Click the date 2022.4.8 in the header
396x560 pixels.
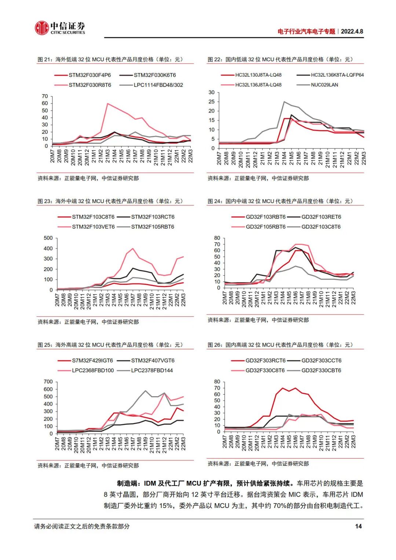pyautogui.click(x=352, y=32)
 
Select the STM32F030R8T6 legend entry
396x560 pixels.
pyautogui.click(x=89, y=85)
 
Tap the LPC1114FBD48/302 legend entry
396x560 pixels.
pyautogui.click(x=158, y=85)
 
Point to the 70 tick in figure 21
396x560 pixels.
pyautogui.click(x=45, y=96)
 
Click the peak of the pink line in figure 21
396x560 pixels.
pyautogui.click(x=107, y=104)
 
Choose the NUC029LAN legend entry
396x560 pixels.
pyautogui.click(x=324, y=85)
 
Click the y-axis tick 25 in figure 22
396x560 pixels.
pyautogui.click(x=212, y=102)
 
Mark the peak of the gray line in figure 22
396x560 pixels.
pyautogui.click(x=284, y=102)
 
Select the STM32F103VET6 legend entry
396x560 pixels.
pyautogui.click(x=93, y=227)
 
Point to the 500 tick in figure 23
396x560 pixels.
pyautogui.click(x=48, y=238)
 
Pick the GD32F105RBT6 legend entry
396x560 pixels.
pyautogui.click(x=265, y=227)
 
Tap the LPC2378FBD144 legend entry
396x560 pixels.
pyautogui.click(x=152, y=371)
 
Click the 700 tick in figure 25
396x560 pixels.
pyautogui.click(x=48, y=382)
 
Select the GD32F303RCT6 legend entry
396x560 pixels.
pyautogui.click(x=265, y=361)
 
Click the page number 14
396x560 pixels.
pyautogui.click(x=358, y=526)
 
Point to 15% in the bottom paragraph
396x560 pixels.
pyautogui.click(x=166, y=506)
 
